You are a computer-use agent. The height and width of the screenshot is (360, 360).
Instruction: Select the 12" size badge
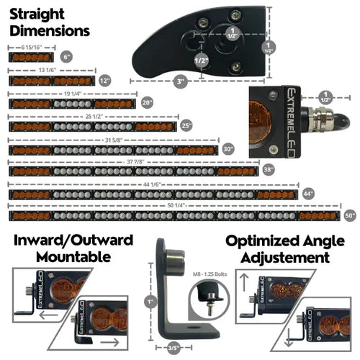click(x=106, y=80)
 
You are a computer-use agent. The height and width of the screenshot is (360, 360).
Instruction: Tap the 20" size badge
click(x=148, y=103)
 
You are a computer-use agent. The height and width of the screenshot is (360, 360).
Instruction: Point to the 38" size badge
click(x=269, y=171)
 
